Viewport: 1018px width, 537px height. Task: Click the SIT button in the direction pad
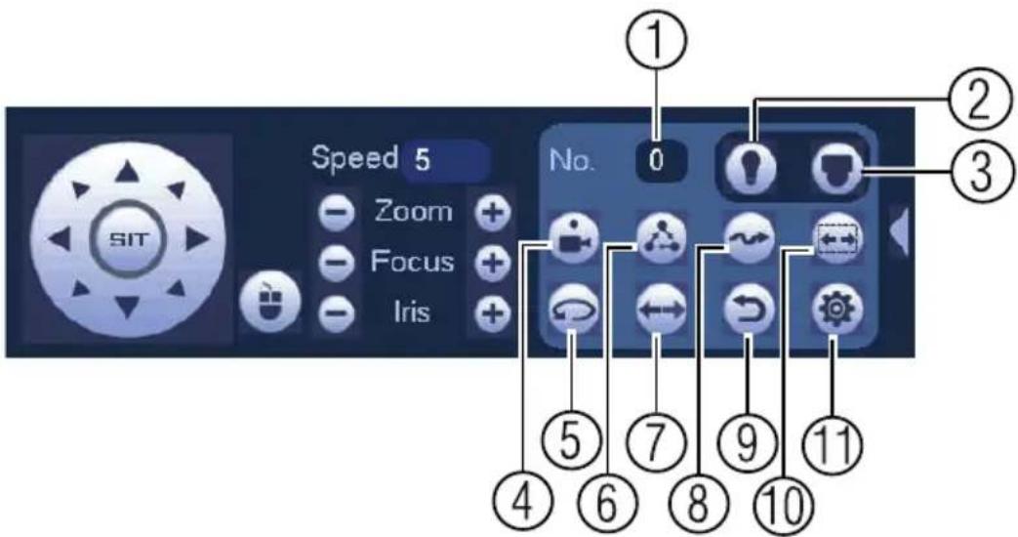(x=128, y=240)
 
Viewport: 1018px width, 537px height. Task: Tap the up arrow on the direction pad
(x=128, y=172)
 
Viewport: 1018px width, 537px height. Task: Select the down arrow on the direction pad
(x=128, y=306)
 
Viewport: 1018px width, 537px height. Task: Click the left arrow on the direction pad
(x=60, y=239)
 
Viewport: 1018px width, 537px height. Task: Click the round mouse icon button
(x=270, y=303)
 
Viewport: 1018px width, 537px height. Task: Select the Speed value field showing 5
(x=445, y=160)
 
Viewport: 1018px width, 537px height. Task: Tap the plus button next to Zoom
(x=492, y=213)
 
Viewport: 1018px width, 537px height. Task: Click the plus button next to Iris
(x=492, y=313)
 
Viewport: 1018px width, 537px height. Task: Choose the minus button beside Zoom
(x=337, y=213)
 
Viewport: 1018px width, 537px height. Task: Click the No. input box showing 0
(x=659, y=160)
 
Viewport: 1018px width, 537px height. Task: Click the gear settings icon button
(x=837, y=309)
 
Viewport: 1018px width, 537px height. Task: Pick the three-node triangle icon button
(x=661, y=238)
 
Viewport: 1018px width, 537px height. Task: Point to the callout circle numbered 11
(x=833, y=445)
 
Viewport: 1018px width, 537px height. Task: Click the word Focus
(x=412, y=262)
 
